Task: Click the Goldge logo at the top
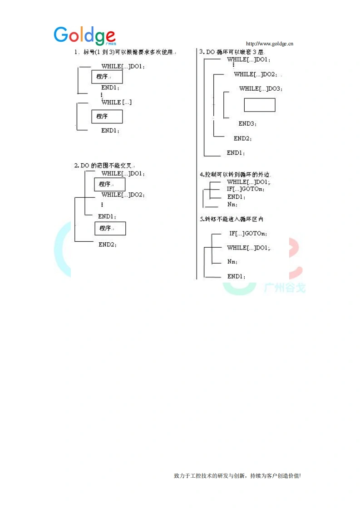[84, 35]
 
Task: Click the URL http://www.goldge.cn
[269, 44]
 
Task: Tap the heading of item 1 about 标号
[124, 52]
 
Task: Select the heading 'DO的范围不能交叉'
[104, 166]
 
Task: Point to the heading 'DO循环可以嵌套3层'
[232, 52]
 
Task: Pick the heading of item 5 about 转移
[232, 219]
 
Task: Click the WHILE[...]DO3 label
[261, 89]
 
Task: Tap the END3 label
[247, 123]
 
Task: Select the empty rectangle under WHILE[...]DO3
[259, 105]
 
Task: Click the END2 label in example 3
[242, 138]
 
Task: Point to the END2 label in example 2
[108, 245]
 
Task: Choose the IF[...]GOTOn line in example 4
[246, 189]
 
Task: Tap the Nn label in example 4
[232, 205]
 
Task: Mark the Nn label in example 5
[232, 262]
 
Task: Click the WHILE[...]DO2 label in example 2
[123, 195]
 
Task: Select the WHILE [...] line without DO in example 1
[117, 103]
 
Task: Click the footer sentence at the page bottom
[237, 476]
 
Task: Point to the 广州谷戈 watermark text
[285, 288]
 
